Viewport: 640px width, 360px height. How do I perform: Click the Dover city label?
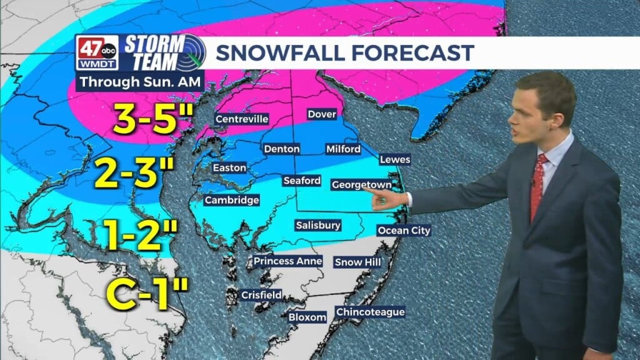(x=322, y=114)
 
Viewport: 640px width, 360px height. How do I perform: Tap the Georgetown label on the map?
(x=361, y=185)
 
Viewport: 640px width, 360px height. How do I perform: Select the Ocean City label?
(x=404, y=231)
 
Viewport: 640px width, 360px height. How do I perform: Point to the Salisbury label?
(x=318, y=225)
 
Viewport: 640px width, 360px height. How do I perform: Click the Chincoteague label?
(x=370, y=312)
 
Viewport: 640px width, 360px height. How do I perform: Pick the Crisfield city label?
(x=261, y=295)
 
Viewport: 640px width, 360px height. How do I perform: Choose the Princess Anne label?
(x=287, y=261)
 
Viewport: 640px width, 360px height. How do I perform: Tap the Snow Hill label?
(x=357, y=262)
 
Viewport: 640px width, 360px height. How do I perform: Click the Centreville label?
(x=241, y=119)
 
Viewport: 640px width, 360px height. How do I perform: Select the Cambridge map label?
(x=231, y=200)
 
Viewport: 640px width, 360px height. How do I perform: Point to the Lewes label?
(x=395, y=159)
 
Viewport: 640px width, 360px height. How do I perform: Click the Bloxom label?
(x=307, y=317)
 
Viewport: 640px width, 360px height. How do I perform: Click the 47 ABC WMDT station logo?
(x=96, y=52)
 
